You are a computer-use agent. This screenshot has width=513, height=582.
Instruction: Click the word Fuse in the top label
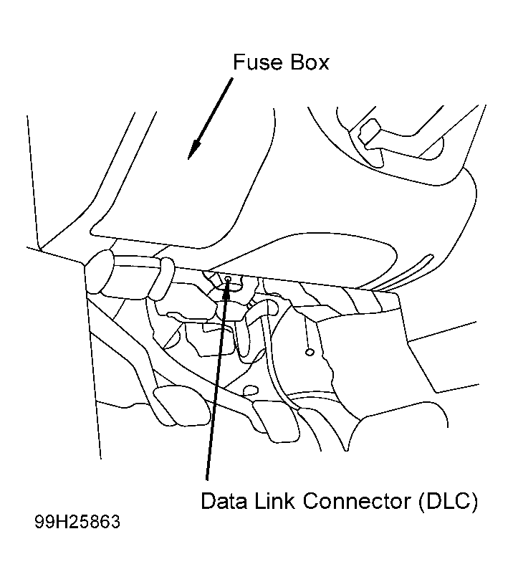(x=257, y=62)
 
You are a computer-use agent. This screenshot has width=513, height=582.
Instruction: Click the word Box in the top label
(x=310, y=62)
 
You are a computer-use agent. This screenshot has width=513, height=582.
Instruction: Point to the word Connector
(x=357, y=501)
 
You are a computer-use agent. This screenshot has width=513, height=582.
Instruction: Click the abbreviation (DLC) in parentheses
(x=448, y=502)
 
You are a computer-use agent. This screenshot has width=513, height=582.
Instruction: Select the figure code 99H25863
(x=77, y=522)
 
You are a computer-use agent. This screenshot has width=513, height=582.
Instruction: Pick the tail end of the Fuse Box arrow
(x=232, y=78)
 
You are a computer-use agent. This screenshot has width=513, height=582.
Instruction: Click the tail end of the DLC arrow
(x=206, y=480)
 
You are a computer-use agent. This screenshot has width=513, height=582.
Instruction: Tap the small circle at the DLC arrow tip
(x=228, y=278)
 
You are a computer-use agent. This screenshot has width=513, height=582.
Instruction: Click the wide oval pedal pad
(x=182, y=405)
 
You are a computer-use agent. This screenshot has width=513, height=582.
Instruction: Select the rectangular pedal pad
(x=277, y=423)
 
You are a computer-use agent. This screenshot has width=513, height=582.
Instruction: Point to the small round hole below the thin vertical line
(x=310, y=352)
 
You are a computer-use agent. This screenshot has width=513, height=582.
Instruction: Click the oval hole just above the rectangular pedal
(x=250, y=390)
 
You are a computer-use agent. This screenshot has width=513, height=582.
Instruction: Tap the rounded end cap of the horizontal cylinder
(x=100, y=273)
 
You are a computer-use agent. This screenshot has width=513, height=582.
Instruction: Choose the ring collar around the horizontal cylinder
(x=162, y=278)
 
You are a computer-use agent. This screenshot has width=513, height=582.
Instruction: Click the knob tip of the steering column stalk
(x=368, y=133)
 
